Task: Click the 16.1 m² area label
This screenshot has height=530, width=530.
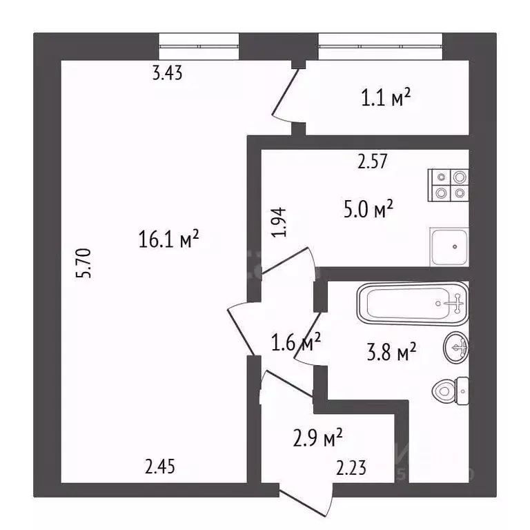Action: coord(168,239)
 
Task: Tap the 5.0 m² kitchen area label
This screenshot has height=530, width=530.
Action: coord(368,209)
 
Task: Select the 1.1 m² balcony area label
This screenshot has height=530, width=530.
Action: coord(386,97)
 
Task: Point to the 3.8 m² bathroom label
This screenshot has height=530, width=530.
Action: coord(391,352)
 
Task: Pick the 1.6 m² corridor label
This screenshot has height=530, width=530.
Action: coord(296,342)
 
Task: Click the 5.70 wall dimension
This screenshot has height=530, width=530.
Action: coord(84,264)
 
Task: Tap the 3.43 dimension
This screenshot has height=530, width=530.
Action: coord(167,72)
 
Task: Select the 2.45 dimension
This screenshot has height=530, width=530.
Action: coord(160,467)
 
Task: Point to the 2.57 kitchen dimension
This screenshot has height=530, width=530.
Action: coord(372,161)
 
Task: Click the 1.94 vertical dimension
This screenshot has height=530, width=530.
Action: coord(279,222)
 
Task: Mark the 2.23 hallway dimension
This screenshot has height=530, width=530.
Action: coord(351,468)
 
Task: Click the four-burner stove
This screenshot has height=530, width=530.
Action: coord(448,185)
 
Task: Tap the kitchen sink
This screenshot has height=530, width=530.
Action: coord(449,247)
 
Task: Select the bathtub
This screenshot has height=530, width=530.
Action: coord(413,304)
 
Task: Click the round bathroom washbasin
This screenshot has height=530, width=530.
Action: coord(456,347)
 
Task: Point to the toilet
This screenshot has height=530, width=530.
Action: coord(450,391)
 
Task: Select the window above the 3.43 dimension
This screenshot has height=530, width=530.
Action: coord(199,46)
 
